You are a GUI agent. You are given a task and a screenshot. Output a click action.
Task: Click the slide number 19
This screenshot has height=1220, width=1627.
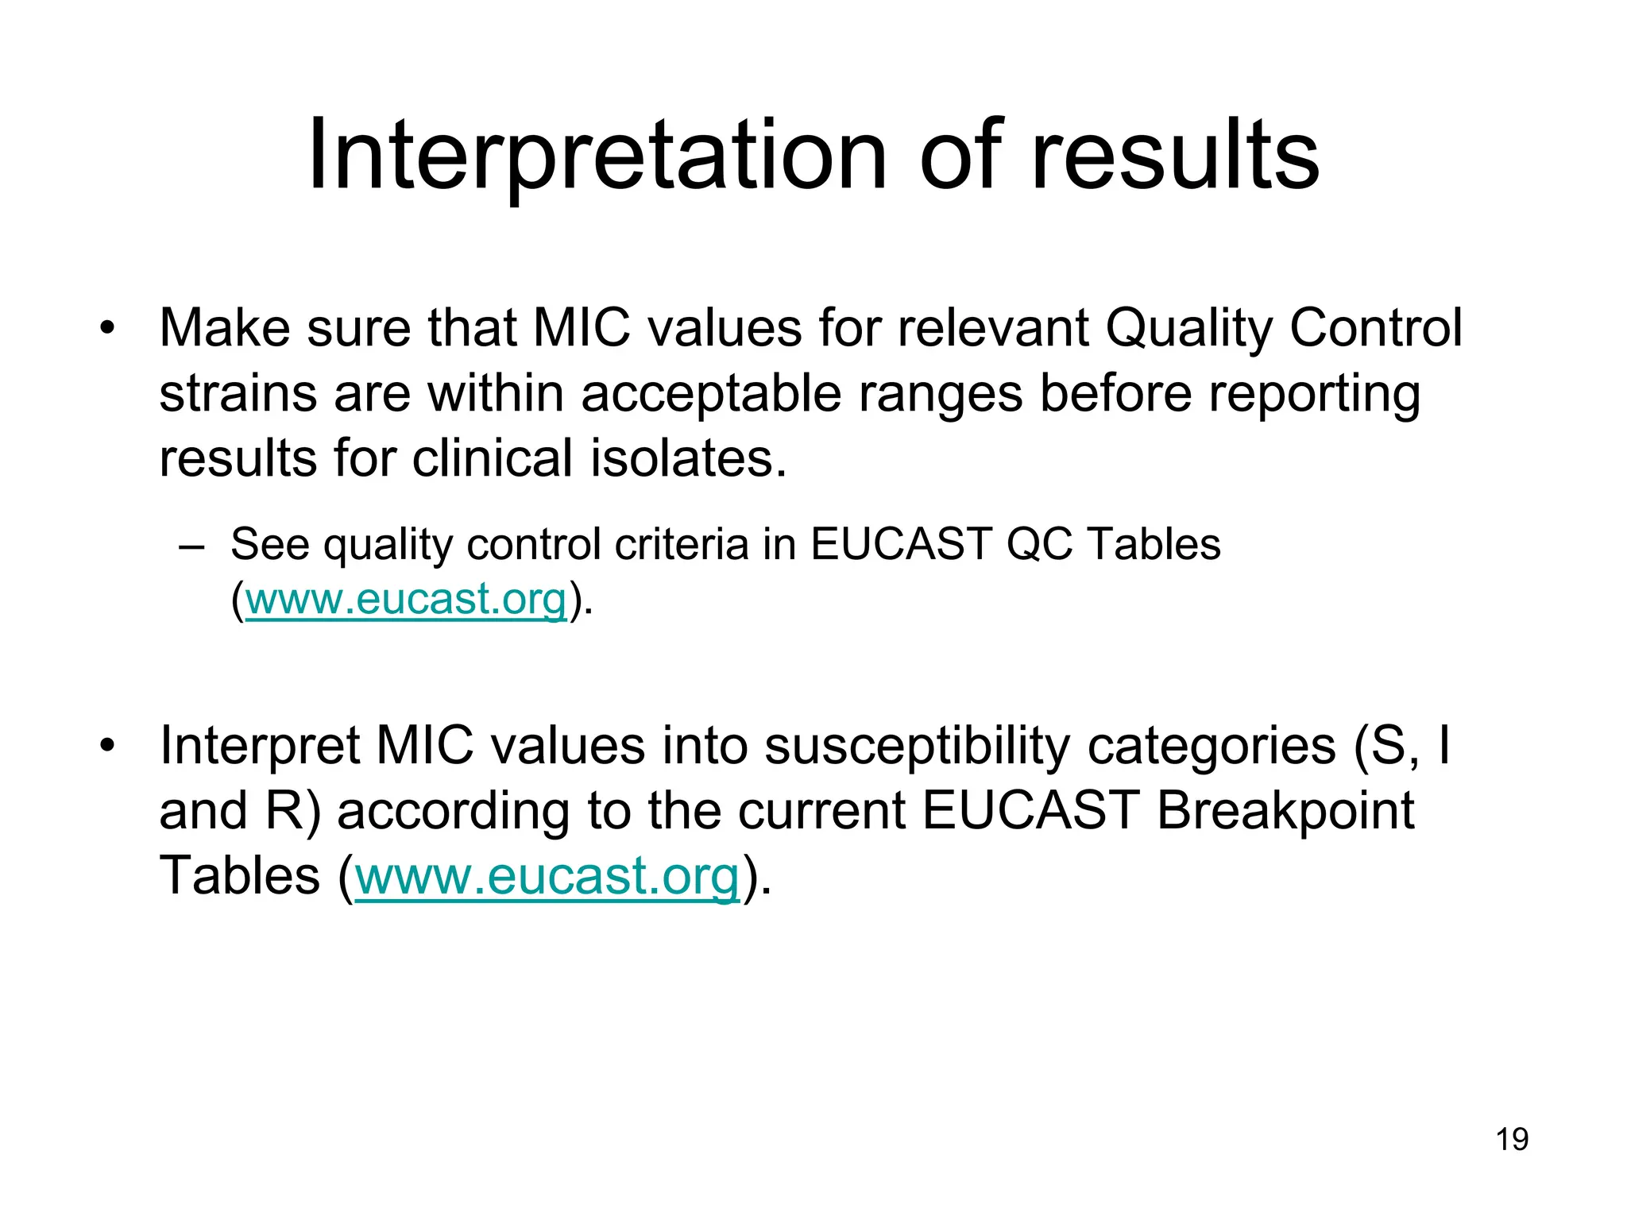[x=1512, y=1139]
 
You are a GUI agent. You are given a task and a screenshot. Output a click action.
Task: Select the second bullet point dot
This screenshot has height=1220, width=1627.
[x=107, y=745]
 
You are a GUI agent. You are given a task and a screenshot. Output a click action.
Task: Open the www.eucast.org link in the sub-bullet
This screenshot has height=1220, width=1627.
[x=406, y=599]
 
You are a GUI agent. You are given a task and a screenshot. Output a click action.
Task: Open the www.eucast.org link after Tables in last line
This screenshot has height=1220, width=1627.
[x=547, y=876]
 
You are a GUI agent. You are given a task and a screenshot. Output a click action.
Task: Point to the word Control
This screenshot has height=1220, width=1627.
[x=1375, y=328]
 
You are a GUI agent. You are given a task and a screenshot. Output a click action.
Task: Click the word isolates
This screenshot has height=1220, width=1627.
[x=688, y=459]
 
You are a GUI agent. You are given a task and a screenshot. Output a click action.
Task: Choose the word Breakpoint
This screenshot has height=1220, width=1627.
[x=1285, y=811]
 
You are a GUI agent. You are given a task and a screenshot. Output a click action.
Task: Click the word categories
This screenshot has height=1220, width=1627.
[x=1211, y=747]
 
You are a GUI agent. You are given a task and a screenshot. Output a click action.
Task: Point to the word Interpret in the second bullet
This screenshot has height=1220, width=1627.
[x=259, y=747]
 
